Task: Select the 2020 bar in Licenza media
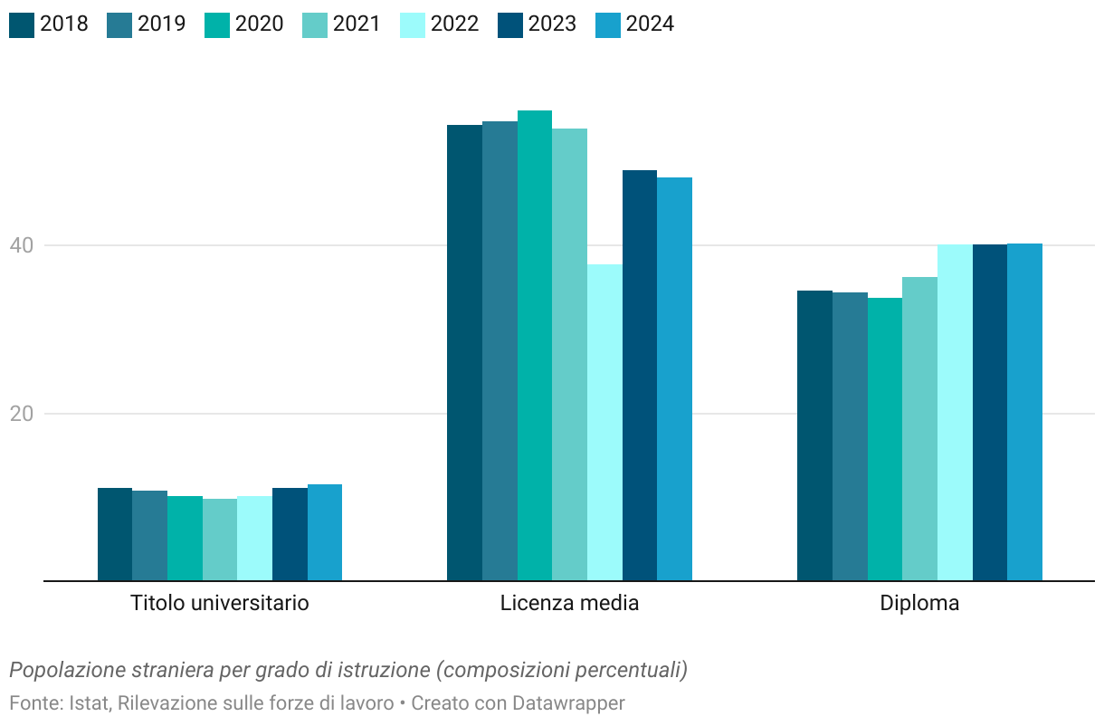[x=535, y=345]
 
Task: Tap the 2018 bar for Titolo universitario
[x=115, y=534]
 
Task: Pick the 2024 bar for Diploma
[x=1024, y=412]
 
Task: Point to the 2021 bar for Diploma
[x=919, y=428]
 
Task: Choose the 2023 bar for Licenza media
[x=640, y=375]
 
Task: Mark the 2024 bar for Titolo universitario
[x=325, y=532]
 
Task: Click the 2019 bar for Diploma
[x=850, y=436]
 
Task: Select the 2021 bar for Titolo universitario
[x=220, y=540]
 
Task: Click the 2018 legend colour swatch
[x=22, y=24]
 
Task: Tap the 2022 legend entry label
[x=454, y=24]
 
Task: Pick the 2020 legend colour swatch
[x=217, y=24]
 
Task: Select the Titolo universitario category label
[x=220, y=603]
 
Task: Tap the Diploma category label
[x=919, y=603]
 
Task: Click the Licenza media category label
[x=569, y=603]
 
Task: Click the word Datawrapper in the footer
[x=568, y=703]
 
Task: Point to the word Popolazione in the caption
[x=66, y=671]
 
